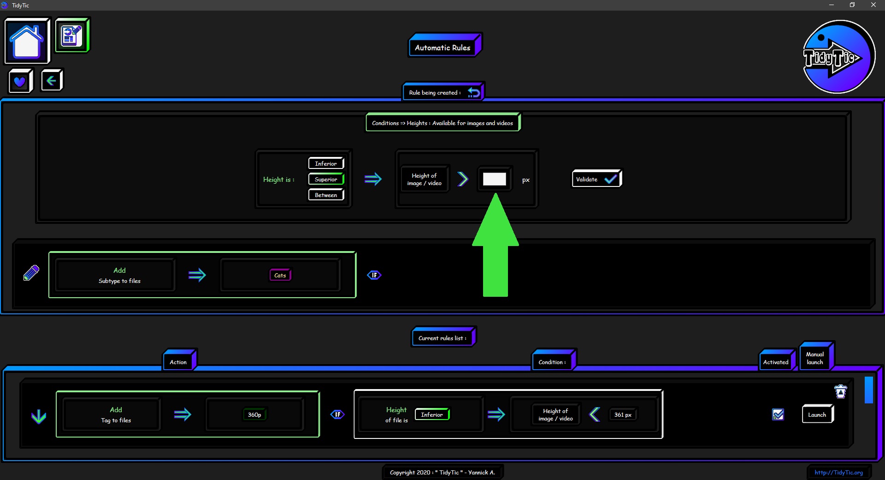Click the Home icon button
pyautogui.click(x=27, y=41)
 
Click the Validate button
pyautogui.click(x=597, y=179)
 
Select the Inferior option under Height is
pyautogui.click(x=326, y=163)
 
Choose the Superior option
pyautogui.click(x=326, y=179)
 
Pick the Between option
pyautogui.click(x=326, y=195)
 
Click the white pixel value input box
pyautogui.click(x=494, y=179)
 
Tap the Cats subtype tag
pyautogui.click(x=280, y=275)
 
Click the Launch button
pyautogui.click(x=818, y=414)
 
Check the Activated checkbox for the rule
pyautogui.click(x=778, y=414)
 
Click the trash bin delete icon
pyautogui.click(x=841, y=391)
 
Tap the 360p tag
pyautogui.click(x=254, y=414)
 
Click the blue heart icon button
pyautogui.click(x=20, y=81)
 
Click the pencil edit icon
pyautogui.click(x=31, y=273)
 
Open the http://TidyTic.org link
pyautogui.click(x=838, y=472)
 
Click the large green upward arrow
pyautogui.click(x=496, y=245)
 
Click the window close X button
pyautogui.click(x=873, y=5)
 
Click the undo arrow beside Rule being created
pyautogui.click(x=473, y=92)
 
